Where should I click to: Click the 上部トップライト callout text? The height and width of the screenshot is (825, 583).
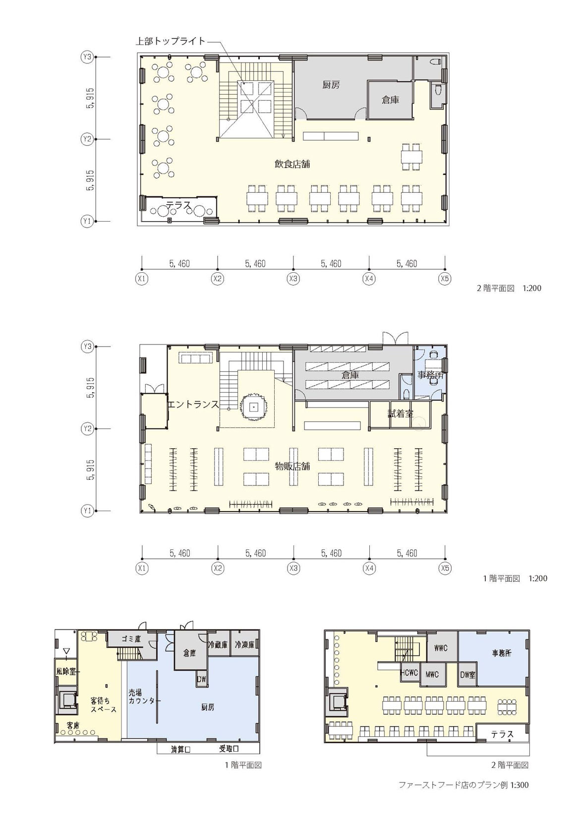(x=171, y=41)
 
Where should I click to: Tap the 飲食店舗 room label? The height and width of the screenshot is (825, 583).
(x=292, y=164)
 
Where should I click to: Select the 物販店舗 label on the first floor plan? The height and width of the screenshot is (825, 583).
(x=292, y=466)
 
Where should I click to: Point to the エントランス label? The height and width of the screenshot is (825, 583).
(x=193, y=405)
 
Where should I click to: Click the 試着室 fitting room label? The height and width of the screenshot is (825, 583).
(x=400, y=413)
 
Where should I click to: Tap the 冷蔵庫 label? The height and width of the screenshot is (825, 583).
(x=218, y=645)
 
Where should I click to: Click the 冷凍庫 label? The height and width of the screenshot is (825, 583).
(x=245, y=645)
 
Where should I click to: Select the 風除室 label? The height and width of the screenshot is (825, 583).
(x=66, y=671)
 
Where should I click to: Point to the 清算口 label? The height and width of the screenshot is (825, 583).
(x=180, y=749)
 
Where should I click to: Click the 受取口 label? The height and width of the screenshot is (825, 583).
(x=229, y=749)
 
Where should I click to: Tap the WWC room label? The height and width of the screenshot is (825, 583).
(x=441, y=648)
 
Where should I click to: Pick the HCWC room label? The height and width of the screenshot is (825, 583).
(x=409, y=672)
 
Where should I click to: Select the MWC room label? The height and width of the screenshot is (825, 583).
(x=432, y=675)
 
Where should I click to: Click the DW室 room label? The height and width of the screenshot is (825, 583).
(x=467, y=675)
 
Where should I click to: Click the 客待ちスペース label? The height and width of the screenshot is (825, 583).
(x=104, y=705)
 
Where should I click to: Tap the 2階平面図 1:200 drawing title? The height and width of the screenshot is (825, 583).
(x=509, y=288)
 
